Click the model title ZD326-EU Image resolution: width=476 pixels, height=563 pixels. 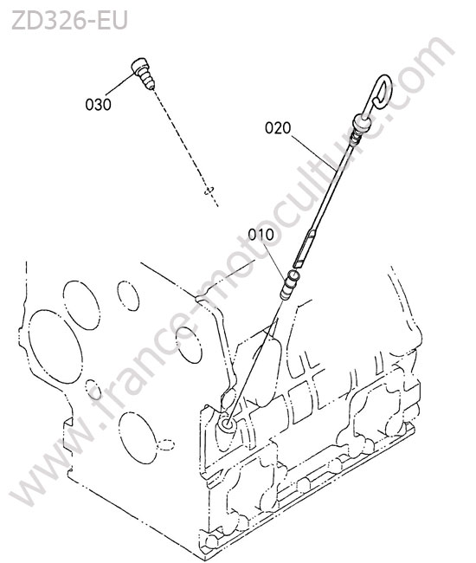69,20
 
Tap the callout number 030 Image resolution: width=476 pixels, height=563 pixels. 98,105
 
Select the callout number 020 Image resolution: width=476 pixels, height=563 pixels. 278,128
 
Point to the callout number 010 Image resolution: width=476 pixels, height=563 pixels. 261,235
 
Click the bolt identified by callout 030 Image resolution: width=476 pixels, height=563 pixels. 144,74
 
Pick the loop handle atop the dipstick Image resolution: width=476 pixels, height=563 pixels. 379,94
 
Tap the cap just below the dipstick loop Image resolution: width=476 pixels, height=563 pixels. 360,124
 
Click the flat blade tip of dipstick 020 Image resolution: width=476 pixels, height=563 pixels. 304,249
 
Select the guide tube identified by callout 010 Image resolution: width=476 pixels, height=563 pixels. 289,286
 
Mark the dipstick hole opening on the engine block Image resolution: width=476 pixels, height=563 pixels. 227,424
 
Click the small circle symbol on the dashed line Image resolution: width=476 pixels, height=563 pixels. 209,190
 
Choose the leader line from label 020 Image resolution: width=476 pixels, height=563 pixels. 313,152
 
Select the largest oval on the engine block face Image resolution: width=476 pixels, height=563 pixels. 55,346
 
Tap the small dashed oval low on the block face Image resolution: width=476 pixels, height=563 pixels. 165,444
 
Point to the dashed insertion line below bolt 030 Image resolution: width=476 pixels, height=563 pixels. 185,147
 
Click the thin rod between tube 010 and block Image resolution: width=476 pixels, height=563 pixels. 254,361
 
